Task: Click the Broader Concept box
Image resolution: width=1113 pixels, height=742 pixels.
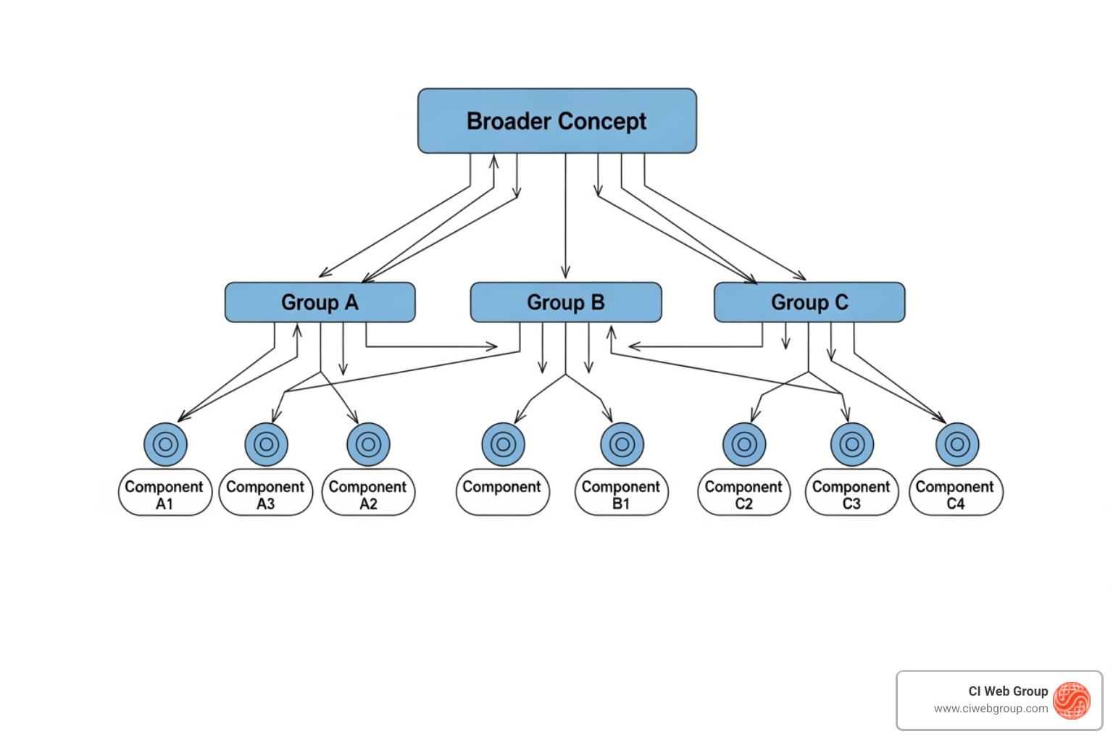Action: (x=556, y=121)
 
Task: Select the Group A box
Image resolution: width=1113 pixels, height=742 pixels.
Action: (x=320, y=302)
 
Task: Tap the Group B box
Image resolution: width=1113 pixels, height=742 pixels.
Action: (x=565, y=302)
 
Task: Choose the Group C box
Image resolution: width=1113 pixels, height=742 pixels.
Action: (x=809, y=302)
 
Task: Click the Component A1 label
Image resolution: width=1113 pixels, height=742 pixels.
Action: (x=164, y=494)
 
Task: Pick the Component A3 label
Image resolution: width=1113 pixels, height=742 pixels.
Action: (x=265, y=494)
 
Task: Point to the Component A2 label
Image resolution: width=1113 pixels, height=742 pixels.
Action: (x=368, y=494)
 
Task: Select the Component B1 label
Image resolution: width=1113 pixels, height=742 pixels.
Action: (x=621, y=494)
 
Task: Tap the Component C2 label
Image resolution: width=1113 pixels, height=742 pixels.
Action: (x=743, y=494)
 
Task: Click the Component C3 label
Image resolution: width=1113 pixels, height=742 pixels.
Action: (x=851, y=494)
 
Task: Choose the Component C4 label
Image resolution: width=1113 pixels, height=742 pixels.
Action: (x=955, y=494)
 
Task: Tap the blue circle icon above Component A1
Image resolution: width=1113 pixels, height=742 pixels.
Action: (x=165, y=444)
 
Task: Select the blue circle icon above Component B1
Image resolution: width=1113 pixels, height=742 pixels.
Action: (x=622, y=444)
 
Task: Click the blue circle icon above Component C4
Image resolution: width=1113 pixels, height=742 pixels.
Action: (x=957, y=444)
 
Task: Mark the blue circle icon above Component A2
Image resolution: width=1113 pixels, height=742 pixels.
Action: (x=368, y=444)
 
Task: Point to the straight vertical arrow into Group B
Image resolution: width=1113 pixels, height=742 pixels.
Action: (x=566, y=217)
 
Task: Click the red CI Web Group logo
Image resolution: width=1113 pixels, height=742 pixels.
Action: (x=1072, y=701)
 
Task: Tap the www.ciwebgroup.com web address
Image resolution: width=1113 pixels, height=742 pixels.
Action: (x=991, y=709)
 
